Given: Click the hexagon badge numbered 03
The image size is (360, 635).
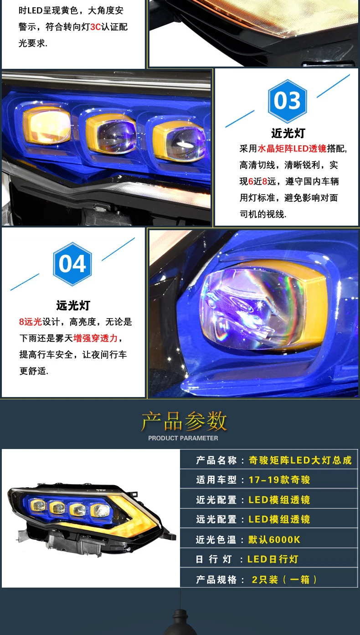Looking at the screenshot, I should tap(287, 101).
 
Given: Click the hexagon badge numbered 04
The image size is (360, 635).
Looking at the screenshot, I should tap(72, 264).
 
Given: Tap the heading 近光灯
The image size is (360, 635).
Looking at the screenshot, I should tap(288, 133).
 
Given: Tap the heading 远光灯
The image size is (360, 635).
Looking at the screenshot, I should tap(73, 305).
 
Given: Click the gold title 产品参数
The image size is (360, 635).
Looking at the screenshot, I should tap(184, 421).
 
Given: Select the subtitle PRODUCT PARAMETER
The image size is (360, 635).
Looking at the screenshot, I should tap(183, 438).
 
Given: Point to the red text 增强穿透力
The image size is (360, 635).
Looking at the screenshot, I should tap(95, 338).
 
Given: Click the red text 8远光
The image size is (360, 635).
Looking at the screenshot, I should tap(30, 322).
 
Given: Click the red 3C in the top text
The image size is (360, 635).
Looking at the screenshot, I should tap(95, 27).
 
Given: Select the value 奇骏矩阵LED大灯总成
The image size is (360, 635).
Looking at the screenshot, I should tap(300, 460).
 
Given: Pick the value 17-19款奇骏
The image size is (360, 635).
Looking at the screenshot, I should tap(279, 480).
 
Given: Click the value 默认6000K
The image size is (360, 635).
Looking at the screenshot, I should tap(274, 540).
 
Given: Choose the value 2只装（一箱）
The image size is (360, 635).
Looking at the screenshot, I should tap(284, 579).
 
